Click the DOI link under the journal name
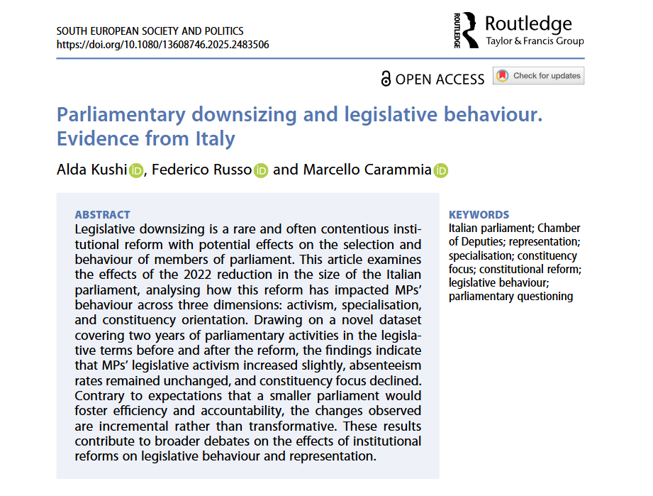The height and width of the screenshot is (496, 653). pos(162,45)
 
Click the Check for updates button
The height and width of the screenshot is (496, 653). pos(539,76)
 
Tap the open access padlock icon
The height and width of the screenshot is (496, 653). pos(386,79)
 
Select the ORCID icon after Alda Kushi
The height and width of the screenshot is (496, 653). pos(136,170)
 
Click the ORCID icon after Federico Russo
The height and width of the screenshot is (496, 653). pos(261,170)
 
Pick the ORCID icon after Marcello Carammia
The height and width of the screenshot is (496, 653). pos(441,170)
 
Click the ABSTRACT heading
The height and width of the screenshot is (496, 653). pos(102,214)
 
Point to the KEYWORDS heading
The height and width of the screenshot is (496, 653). pos(479,214)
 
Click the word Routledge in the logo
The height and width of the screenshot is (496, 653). pos(528,23)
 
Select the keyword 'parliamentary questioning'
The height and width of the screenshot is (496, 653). pos(510,296)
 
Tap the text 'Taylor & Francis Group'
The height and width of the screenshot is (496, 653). pos(535,41)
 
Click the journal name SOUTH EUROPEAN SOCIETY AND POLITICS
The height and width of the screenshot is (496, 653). pos(150,31)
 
